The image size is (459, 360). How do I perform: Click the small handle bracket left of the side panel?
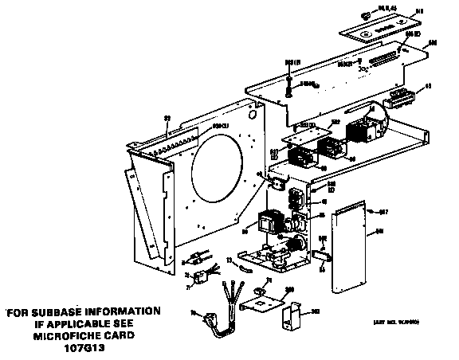point(321,254)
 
